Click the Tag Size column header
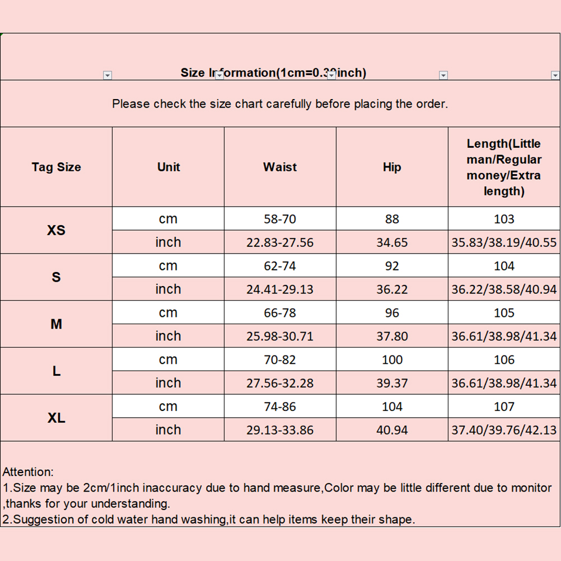56,167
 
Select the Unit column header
169,167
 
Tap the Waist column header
280,167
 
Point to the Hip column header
392,167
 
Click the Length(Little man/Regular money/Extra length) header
504,167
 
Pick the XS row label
56,230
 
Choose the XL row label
56,418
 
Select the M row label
56,324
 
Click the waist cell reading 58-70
280,219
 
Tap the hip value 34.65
392,242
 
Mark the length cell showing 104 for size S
504,266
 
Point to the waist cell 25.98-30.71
280,336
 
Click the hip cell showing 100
392,360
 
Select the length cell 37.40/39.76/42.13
504,430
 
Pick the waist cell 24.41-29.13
280,289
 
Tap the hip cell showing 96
392,313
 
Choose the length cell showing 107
504,406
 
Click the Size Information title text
273,73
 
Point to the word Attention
28,472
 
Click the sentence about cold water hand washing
209,519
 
